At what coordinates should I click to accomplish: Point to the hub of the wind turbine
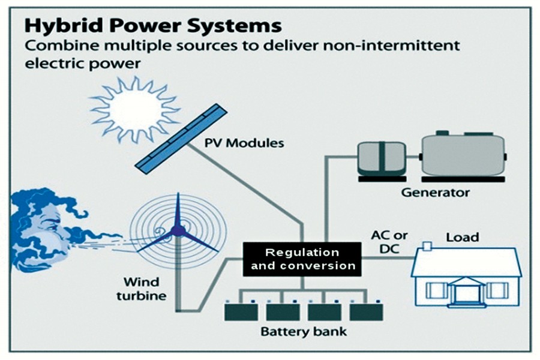tap(176, 230)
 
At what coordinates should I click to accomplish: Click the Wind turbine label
tap(145, 289)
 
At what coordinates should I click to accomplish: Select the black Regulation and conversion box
tap(302, 259)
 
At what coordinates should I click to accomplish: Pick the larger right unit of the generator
tap(462, 155)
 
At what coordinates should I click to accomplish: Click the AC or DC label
tap(383, 240)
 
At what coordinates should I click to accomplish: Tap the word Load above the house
tap(462, 237)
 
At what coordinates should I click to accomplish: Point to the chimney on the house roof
tap(428, 245)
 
